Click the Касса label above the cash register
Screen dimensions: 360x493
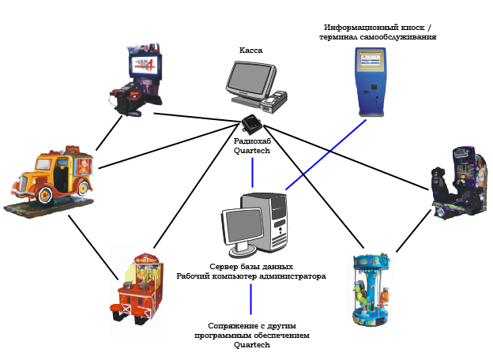pyautogui.click(x=251, y=50)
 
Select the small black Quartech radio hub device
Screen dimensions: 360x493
pyautogui.click(x=252, y=124)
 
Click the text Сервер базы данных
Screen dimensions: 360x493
pyautogui.click(x=251, y=267)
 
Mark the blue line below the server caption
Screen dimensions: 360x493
pyautogui.click(x=251, y=299)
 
